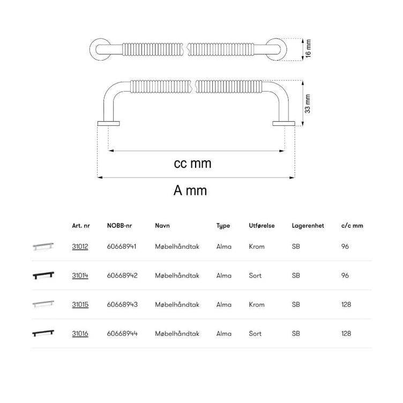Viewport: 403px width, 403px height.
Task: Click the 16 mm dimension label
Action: tap(308, 48)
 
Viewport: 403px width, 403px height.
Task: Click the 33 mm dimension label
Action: tap(308, 104)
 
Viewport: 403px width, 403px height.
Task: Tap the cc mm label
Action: tap(192, 163)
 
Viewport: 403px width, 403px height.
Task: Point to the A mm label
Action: tap(190, 190)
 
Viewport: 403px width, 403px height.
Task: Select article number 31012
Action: tap(80, 247)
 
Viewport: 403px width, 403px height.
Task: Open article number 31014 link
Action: tap(80, 275)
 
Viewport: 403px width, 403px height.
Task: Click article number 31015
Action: tap(80, 304)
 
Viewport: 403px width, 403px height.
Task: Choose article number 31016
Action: tap(80, 334)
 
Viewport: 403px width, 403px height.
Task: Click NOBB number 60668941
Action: tap(122, 247)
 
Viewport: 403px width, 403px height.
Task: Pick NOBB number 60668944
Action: tap(122, 334)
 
